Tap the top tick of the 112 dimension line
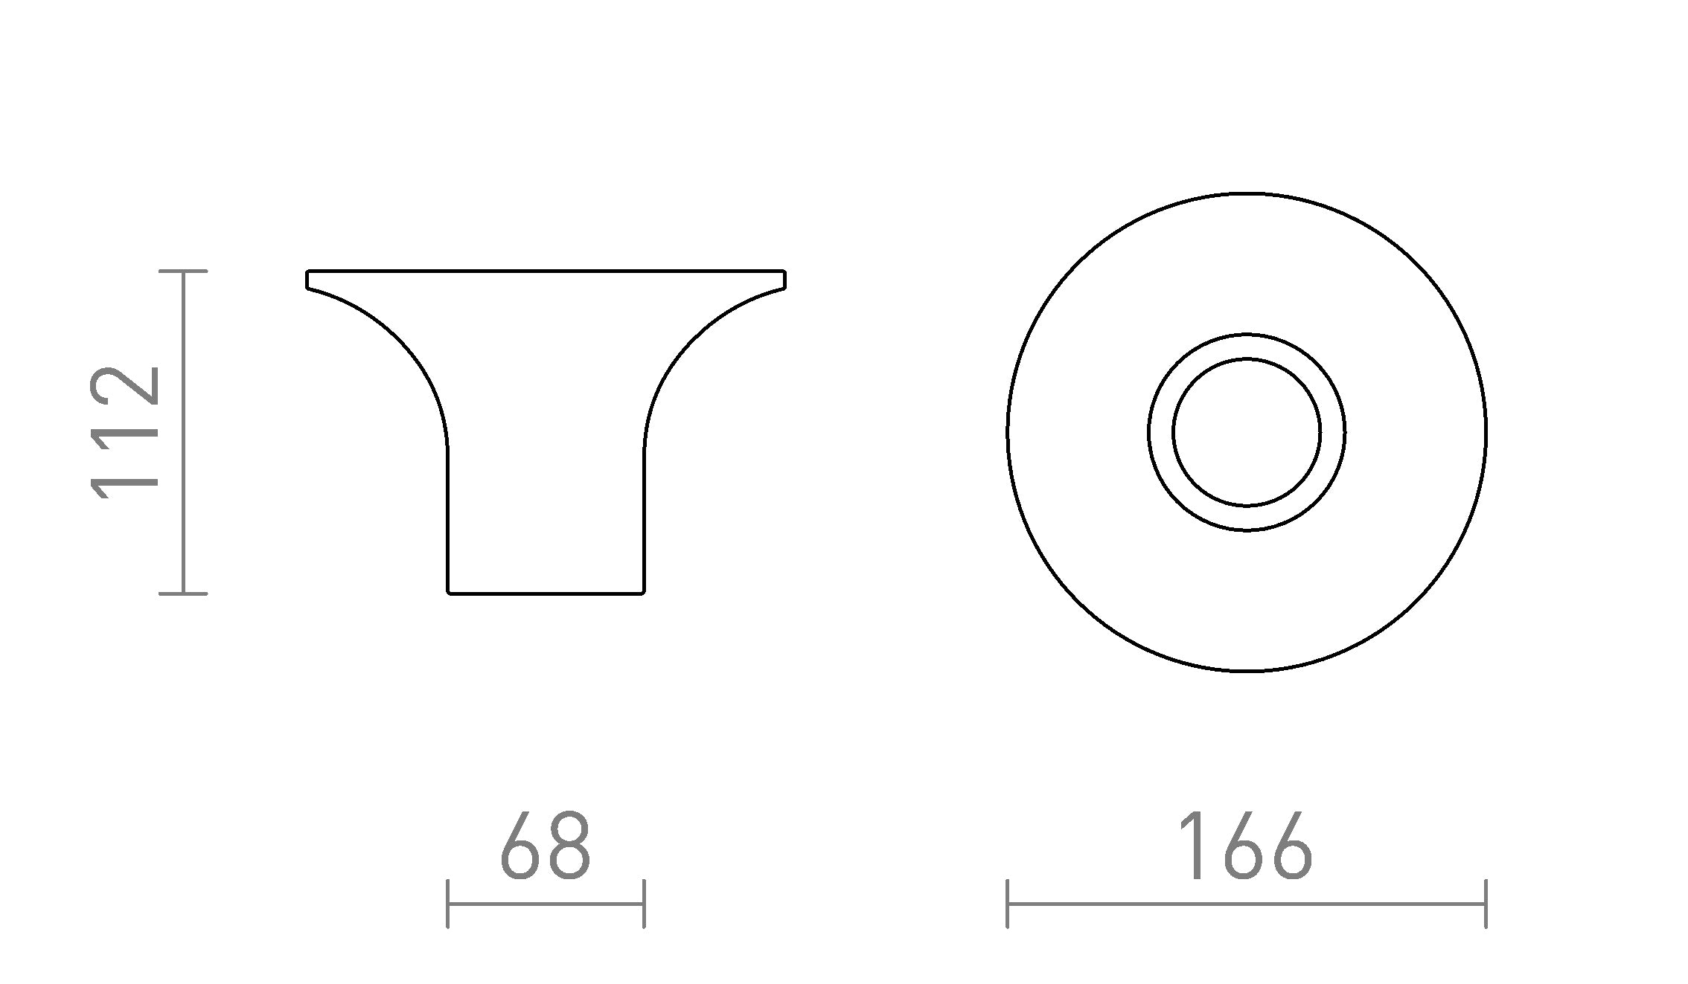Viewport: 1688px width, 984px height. (183, 271)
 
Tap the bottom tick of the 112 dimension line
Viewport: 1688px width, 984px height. (183, 594)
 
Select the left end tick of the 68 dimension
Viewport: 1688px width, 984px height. (447, 904)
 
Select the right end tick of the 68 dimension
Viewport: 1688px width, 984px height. (644, 904)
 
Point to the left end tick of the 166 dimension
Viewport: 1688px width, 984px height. (1007, 904)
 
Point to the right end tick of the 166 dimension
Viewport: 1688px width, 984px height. (1486, 904)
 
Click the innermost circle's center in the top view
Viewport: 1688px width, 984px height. (1247, 432)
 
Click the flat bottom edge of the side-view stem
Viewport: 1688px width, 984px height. (546, 593)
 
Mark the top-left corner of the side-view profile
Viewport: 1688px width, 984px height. (308, 272)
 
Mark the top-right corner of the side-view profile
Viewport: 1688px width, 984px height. (784, 272)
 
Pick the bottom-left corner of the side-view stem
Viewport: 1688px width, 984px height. (449, 592)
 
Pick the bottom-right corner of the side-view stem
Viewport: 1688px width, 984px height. (642, 592)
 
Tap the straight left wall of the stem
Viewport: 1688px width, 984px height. (447, 521)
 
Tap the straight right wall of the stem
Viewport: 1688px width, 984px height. (644, 521)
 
